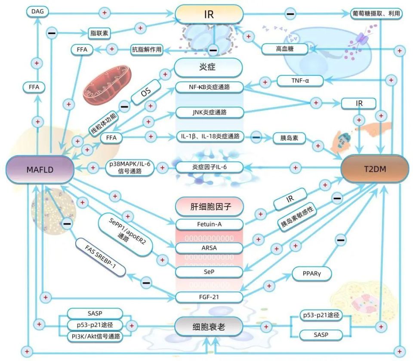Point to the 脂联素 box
99,33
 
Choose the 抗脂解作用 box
147,49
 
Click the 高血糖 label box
284,49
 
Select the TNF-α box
300,80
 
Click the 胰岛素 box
289,138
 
